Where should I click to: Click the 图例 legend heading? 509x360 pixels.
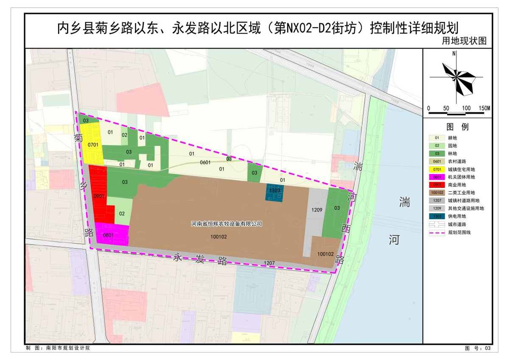pyautogui.click(x=457, y=127)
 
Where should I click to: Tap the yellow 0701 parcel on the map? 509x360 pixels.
pyautogui.click(x=92, y=145)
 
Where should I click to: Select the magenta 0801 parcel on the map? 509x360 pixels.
pyautogui.click(x=112, y=234)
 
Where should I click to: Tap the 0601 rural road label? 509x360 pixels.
pyautogui.click(x=205, y=162)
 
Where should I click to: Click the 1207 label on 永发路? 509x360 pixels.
pyautogui.click(x=269, y=263)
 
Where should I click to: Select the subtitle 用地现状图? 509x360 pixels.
pyautogui.click(x=464, y=41)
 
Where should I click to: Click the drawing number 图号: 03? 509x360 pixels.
pyautogui.click(x=477, y=348)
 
